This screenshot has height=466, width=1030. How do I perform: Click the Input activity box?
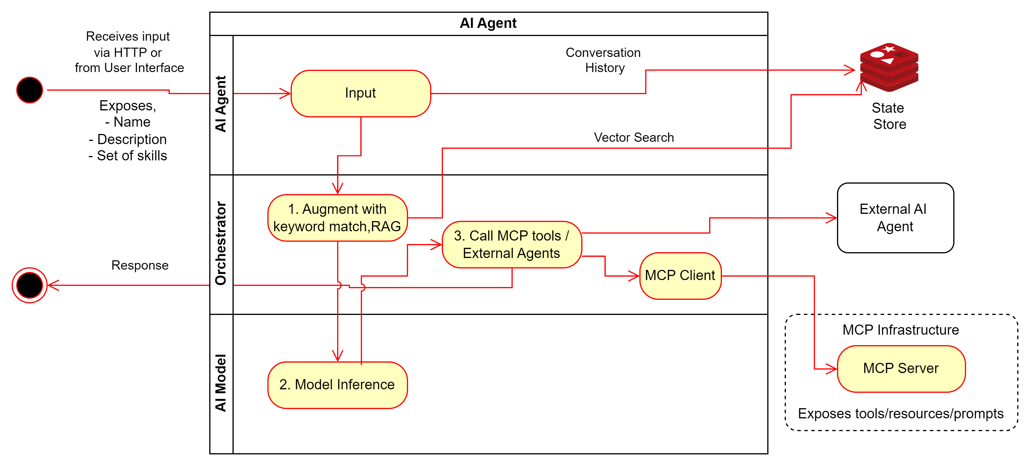point(361,94)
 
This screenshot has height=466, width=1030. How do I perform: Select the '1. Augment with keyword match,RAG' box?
point(337,218)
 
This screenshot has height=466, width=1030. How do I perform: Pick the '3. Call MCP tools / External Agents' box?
point(512,245)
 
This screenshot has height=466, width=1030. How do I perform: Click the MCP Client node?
point(680,275)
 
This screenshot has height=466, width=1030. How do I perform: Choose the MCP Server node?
point(901,368)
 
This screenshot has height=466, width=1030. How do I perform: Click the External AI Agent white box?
point(895,218)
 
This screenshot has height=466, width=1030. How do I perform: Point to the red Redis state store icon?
point(889,67)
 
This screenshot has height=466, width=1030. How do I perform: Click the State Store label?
point(889,116)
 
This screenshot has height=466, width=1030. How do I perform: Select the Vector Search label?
point(634,137)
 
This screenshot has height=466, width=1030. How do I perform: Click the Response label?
point(140,265)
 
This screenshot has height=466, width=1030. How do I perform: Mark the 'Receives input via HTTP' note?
point(129,52)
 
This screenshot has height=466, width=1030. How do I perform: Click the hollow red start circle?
point(30,90)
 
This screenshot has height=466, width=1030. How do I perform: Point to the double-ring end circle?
point(30,285)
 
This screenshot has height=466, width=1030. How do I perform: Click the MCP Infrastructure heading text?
point(900,330)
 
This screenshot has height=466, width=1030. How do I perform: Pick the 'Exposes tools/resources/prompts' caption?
point(900,414)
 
